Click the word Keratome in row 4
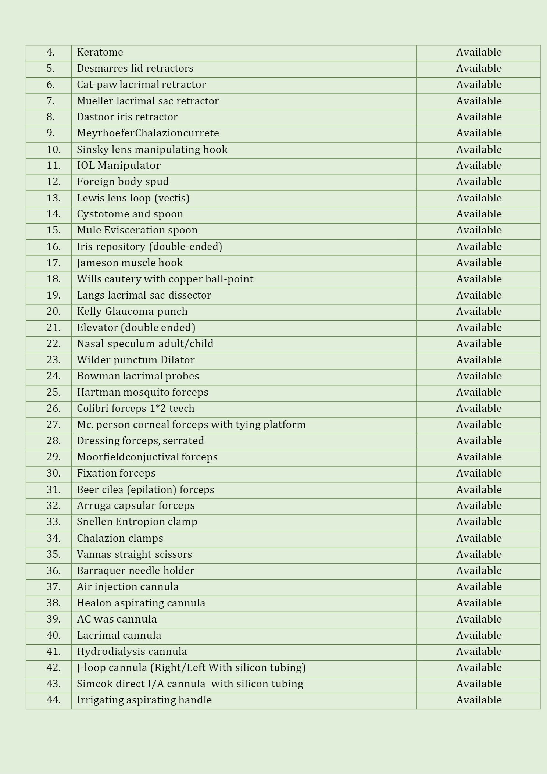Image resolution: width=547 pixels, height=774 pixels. point(100,52)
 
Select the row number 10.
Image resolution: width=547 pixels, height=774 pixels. point(54,150)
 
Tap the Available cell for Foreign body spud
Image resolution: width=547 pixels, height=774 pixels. point(479,182)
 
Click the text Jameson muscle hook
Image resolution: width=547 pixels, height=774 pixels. point(130,263)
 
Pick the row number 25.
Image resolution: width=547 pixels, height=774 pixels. point(54,392)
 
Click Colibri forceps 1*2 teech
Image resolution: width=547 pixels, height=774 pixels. point(135,409)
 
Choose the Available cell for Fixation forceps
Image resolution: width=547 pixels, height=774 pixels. point(479,473)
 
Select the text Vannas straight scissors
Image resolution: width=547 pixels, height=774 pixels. point(134,554)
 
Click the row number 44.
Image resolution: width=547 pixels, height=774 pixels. point(54,700)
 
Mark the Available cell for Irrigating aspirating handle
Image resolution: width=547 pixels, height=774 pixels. point(479,700)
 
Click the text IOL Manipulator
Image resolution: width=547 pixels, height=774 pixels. point(118,165)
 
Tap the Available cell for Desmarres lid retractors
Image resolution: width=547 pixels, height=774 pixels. point(479,68)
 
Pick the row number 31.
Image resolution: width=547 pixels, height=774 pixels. point(54,490)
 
